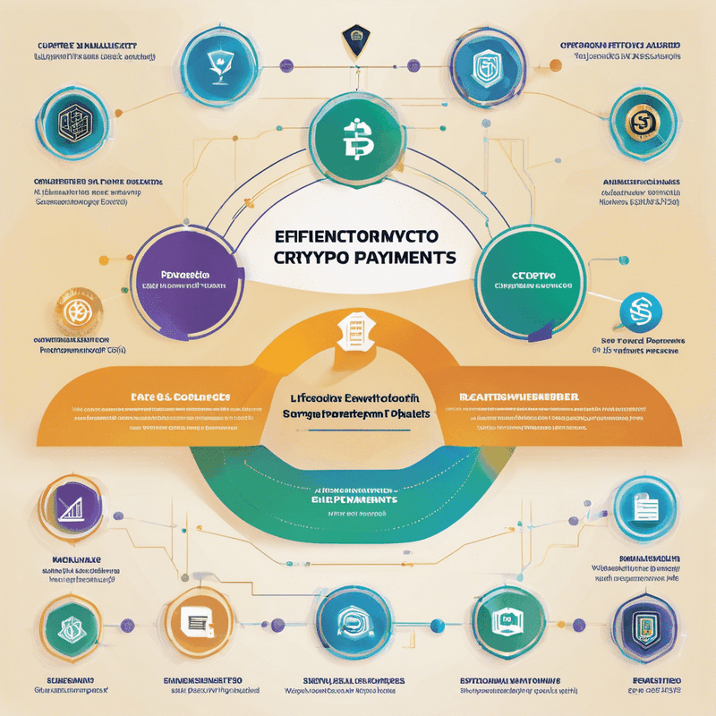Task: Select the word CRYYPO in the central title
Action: pos(304,257)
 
